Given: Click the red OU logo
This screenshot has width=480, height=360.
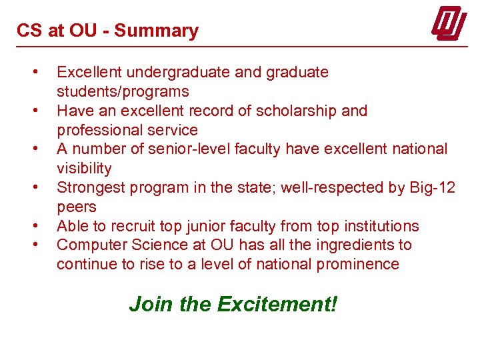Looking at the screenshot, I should click(448, 25).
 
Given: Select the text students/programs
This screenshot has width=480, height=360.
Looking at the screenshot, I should click(123, 91).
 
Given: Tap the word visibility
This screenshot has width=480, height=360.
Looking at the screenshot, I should click(84, 168).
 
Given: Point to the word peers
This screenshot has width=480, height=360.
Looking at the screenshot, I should click(77, 207).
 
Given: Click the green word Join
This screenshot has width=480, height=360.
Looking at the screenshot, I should click(151, 304).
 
